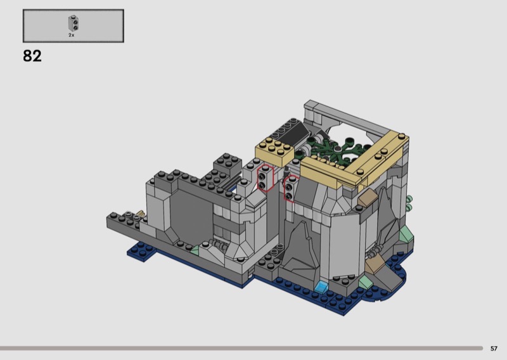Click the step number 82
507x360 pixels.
[32, 56]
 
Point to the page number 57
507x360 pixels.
[494, 349]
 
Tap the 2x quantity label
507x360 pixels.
[72, 35]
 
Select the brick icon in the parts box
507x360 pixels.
[74, 23]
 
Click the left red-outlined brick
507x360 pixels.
[266, 178]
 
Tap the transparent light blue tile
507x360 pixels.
[322, 286]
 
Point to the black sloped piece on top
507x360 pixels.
[293, 132]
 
